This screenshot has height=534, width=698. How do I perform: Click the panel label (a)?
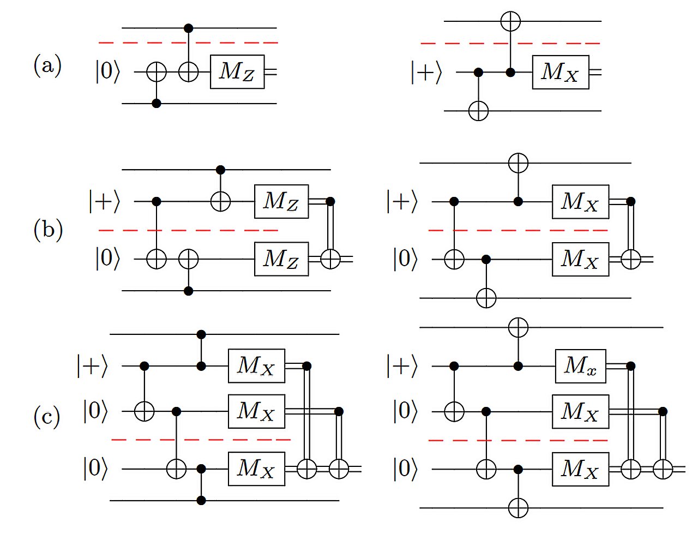click(x=47, y=66)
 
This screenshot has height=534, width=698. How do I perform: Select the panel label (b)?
click(x=48, y=230)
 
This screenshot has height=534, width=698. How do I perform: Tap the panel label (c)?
click(x=46, y=417)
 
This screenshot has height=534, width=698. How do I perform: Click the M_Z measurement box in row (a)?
click(x=237, y=71)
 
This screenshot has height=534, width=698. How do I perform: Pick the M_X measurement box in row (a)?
click(x=560, y=72)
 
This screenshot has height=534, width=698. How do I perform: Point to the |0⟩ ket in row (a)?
click(x=107, y=71)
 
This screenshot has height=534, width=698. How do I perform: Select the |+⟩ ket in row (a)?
click(x=426, y=72)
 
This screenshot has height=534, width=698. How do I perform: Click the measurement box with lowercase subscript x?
click(x=580, y=366)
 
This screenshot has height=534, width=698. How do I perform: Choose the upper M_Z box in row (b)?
click(x=281, y=201)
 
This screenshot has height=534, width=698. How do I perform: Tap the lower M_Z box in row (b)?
click(x=281, y=259)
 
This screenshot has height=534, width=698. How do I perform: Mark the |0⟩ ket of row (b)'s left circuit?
click(x=107, y=259)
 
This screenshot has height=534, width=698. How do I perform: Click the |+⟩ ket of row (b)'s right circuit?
click(x=401, y=202)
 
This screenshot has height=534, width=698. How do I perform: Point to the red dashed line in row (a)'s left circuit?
click(x=188, y=42)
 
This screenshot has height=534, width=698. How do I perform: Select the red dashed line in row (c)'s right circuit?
click(x=518, y=440)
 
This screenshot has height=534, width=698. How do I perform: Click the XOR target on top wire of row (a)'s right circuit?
click(x=510, y=21)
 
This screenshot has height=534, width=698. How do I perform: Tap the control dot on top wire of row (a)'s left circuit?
click(x=189, y=27)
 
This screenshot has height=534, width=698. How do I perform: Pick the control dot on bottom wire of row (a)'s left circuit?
click(x=157, y=103)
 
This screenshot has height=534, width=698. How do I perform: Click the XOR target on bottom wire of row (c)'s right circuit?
click(x=518, y=508)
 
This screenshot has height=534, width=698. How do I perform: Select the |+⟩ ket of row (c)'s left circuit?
click(x=92, y=366)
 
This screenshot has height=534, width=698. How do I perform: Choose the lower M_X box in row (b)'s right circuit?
click(x=580, y=259)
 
